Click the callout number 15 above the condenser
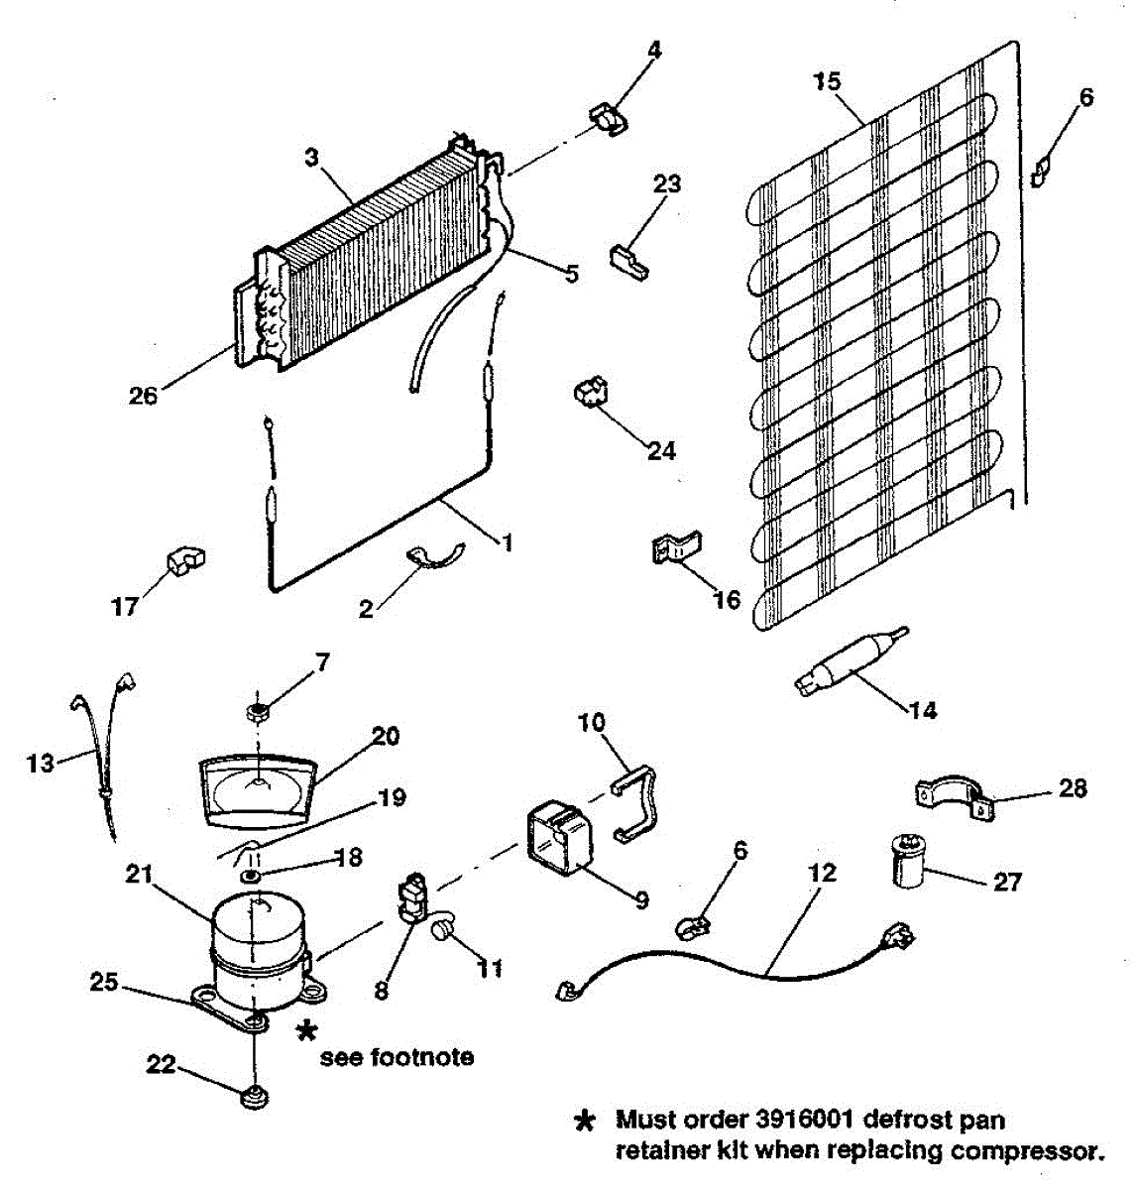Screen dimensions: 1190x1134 click(827, 81)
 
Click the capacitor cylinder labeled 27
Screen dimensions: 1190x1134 click(905, 861)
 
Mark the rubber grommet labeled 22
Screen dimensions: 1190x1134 click(255, 1098)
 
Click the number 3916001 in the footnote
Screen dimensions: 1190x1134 click(799, 1122)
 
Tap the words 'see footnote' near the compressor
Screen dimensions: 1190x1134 click(396, 1057)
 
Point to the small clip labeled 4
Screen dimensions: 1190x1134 click(609, 117)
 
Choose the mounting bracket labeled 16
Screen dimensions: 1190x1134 click(677, 547)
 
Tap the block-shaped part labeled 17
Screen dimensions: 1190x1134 click(184, 562)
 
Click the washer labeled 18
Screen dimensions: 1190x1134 click(251, 878)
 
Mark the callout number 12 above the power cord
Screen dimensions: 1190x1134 click(822, 873)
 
